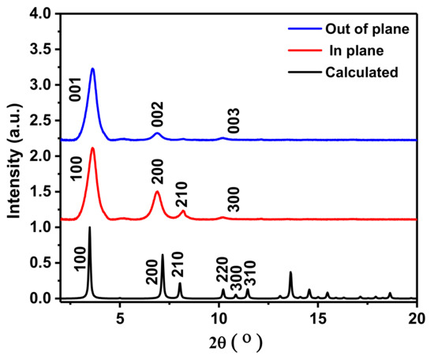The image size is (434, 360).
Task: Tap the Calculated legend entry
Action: pyautogui.click(x=361, y=73)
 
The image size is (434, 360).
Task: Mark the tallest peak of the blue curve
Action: pyautogui.click(x=92, y=69)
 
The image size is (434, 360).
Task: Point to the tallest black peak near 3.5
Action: pyautogui.click(x=89, y=227)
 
